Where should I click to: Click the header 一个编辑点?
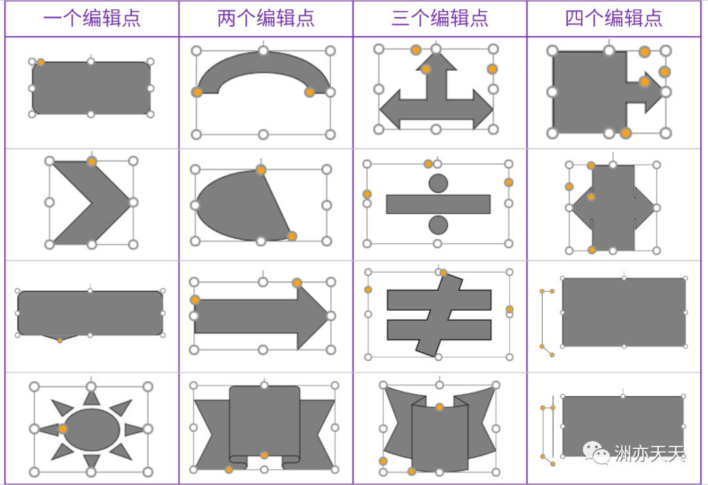click(92, 18)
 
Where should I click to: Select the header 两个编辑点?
click(265, 18)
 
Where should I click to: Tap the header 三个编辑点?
click(440, 18)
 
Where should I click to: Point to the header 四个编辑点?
click(614, 18)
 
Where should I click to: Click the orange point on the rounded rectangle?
click(41, 62)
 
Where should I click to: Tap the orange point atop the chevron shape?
click(92, 161)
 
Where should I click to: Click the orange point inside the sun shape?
click(62, 429)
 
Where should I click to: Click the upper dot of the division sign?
click(438, 183)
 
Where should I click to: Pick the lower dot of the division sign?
click(438, 225)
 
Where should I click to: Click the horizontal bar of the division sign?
click(438, 204)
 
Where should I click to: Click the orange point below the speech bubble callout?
click(60, 340)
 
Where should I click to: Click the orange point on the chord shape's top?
click(261, 170)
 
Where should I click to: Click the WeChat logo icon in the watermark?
click(597, 452)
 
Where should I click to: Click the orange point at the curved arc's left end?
click(197, 92)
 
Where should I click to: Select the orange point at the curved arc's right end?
click(309, 92)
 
